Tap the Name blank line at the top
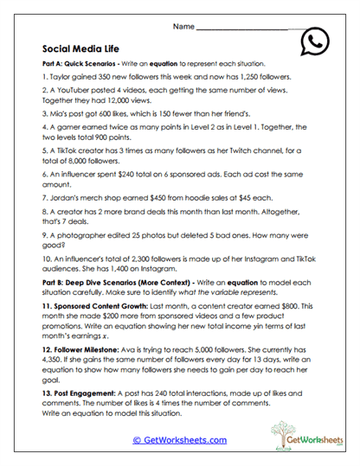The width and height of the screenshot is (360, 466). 242,28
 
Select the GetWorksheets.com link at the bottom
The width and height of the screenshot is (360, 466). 180,439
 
